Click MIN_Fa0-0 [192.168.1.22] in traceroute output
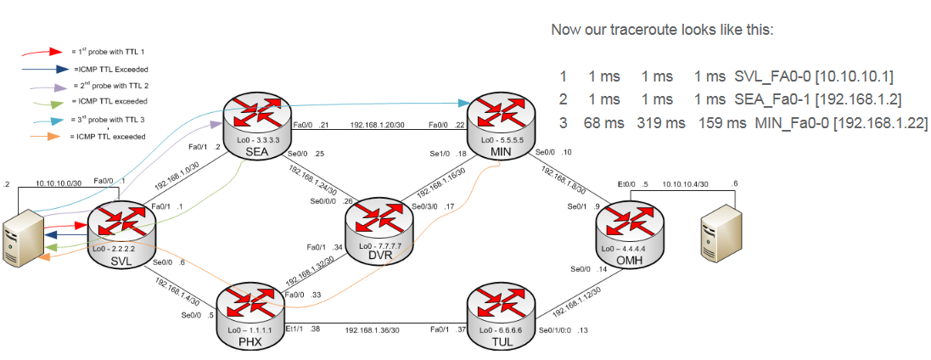841,123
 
